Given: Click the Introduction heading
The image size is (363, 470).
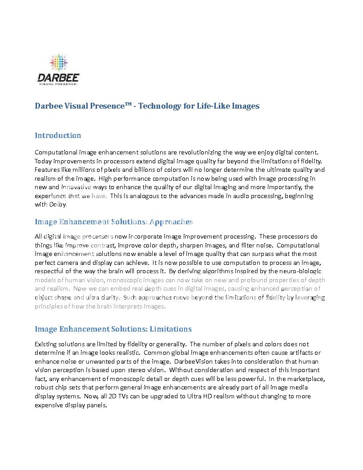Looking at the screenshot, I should click(x=58, y=135).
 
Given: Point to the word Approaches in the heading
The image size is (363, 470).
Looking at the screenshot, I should click(x=171, y=222).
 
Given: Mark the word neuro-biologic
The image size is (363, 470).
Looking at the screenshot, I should click(x=298, y=271).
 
